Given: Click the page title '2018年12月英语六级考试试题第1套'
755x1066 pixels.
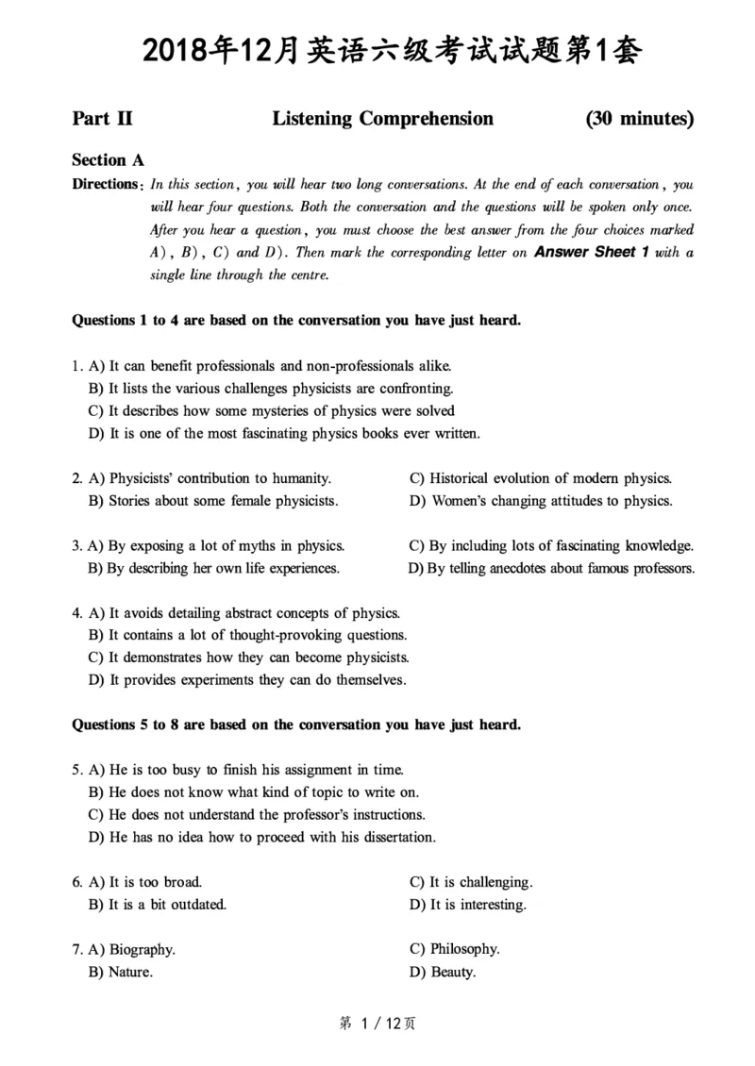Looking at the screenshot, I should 377,51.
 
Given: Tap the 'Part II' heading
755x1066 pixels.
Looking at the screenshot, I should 102,119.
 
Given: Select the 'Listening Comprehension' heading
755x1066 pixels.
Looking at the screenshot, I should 382,119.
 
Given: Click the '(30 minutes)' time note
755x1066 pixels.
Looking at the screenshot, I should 639,119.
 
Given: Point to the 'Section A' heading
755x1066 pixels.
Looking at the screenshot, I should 108,160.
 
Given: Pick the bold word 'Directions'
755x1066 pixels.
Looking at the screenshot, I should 105,185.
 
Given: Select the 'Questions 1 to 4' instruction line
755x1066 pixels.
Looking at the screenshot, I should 296,321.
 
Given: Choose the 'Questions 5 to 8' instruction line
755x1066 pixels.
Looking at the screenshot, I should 296,725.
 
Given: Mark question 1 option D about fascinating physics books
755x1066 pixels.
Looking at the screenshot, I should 284,434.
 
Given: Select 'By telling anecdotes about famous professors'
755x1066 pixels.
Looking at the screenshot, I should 552,569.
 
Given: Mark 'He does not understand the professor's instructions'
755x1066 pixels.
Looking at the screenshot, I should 257,815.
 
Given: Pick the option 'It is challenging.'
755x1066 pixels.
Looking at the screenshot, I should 471,883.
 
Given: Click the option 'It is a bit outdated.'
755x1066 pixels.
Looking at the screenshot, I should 158,906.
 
